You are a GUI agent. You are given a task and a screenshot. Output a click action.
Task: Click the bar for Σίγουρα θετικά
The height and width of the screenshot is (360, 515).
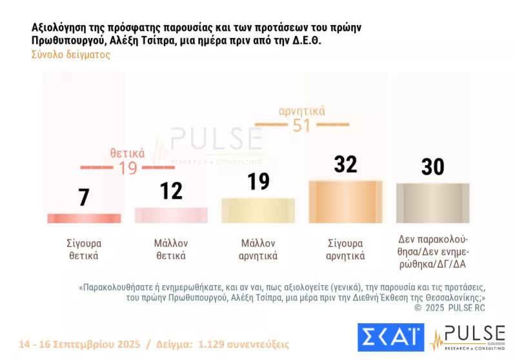click(x=83, y=218)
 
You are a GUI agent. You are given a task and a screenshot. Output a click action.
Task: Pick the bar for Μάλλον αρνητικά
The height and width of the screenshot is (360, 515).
click(x=257, y=210)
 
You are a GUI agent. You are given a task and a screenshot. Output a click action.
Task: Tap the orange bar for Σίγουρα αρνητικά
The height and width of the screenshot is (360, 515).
click(x=345, y=201)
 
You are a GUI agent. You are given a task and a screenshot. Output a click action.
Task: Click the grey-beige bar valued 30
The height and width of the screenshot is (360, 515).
click(x=432, y=203)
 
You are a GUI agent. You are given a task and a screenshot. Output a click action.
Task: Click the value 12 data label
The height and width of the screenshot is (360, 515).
click(x=171, y=190)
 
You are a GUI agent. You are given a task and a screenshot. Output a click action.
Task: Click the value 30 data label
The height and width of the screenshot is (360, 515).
click(x=432, y=166)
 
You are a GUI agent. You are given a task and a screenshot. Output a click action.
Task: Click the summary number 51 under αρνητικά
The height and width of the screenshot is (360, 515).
click(x=301, y=125)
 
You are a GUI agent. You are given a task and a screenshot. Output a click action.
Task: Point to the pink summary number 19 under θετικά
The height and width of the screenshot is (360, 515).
click(x=127, y=168)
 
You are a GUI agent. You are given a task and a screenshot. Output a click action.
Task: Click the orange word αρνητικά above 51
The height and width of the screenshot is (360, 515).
click(x=301, y=111)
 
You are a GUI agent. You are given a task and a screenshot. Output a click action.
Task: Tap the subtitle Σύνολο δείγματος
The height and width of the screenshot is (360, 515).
click(x=71, y=55)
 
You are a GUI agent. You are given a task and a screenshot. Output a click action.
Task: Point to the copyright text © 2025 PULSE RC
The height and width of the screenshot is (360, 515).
click(x=449, y=308)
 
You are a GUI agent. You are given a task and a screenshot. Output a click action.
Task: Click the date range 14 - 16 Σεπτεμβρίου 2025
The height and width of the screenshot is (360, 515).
click(x=82, y=344)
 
